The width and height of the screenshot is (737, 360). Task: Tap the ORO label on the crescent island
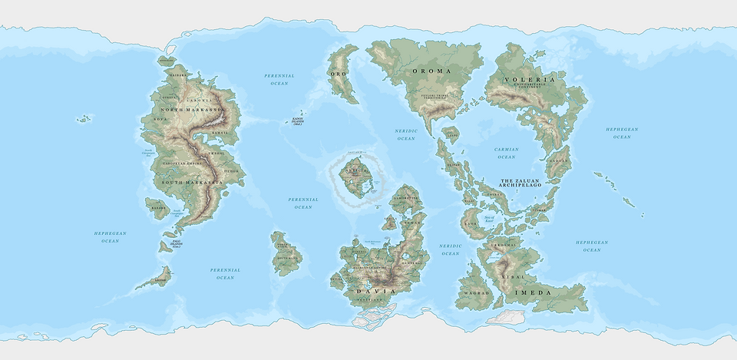[x=339, y=74]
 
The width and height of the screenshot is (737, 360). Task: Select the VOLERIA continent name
[x=529, y=79]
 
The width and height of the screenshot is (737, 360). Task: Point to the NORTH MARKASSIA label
[x=191, y=111]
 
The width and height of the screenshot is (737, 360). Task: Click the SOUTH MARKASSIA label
[x=192, y=182]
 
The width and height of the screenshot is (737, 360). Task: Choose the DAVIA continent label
[x=376, y=292]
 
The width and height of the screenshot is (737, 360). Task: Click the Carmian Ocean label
[x=507, y=153]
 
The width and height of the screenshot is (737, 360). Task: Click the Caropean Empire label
[x=181, y=163]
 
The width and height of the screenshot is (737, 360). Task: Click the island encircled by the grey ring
[x=354, y=177]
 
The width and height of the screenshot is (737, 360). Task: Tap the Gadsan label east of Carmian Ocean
[x=559, y=161]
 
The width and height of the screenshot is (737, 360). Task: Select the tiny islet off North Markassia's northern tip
[x=167, y=58]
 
